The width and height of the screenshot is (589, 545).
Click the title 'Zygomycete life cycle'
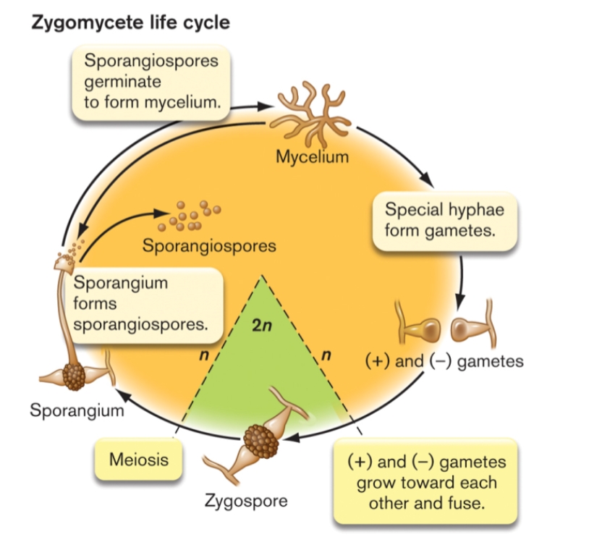coord(130,22)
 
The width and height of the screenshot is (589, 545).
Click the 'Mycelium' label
coord(312,156)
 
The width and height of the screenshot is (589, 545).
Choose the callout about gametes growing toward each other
coord(426,481)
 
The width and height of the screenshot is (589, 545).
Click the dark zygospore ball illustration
coord(261,439)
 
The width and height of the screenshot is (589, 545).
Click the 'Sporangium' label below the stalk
coord(77,411)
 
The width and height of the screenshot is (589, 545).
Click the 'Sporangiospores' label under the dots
coord(209,246)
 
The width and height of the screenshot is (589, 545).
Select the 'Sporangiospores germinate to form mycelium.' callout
coord(151,83)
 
